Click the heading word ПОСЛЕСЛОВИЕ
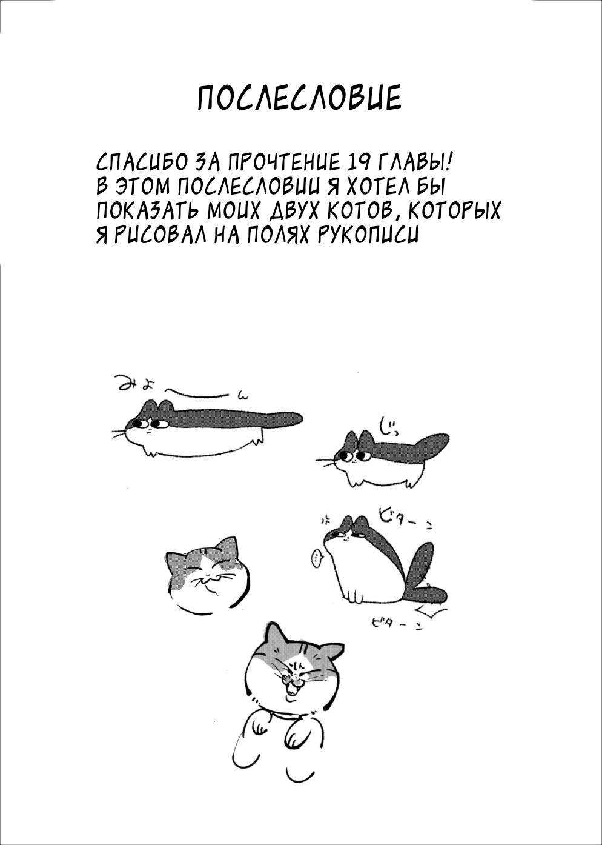(299, 98)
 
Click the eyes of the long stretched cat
(149, 423)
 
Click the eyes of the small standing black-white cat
(353, 455)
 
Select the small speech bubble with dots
(316, 558)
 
